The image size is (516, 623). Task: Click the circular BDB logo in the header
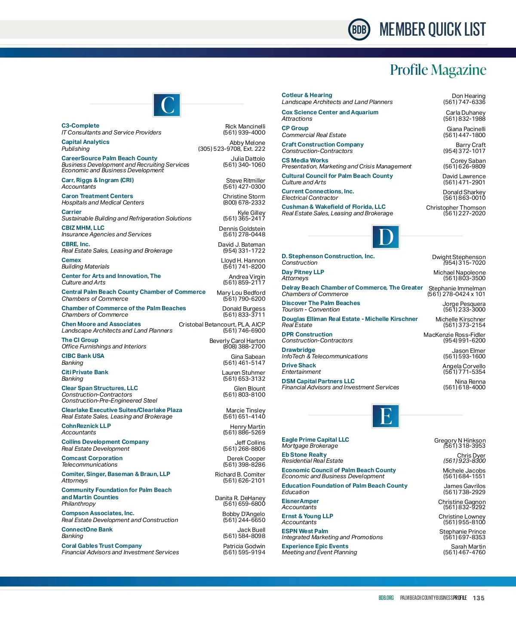(x=359, y=30)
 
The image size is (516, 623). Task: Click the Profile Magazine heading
(x=438, y=70)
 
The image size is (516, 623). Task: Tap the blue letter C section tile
(x=167, y=105)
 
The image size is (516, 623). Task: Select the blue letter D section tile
(x=386, y=237)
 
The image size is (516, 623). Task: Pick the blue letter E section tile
(x=386, y=416)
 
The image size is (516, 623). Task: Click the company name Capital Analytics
(x=85, y=142)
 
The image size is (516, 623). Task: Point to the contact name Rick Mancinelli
(x=245, y=127)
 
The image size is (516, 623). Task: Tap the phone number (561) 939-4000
(x=244, y=133)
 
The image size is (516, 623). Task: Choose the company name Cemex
(x=71, y=260)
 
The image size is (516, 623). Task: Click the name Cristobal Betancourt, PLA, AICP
(x=222, y=325)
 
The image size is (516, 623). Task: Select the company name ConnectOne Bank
(x=87, y=530)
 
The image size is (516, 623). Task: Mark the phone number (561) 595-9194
(x=244, y=553)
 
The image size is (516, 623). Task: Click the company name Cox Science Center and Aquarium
(x=330, y=113)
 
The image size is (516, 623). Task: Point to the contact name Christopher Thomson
(x=456, y=208)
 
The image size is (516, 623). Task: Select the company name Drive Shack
(x=299, y=366)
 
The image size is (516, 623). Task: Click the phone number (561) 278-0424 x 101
(x=456, y=294)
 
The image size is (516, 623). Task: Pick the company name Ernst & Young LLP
(x=307, y=516)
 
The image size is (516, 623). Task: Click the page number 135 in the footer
(x=478, y=598)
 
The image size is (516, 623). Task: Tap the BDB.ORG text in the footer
(x=386, y=598)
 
